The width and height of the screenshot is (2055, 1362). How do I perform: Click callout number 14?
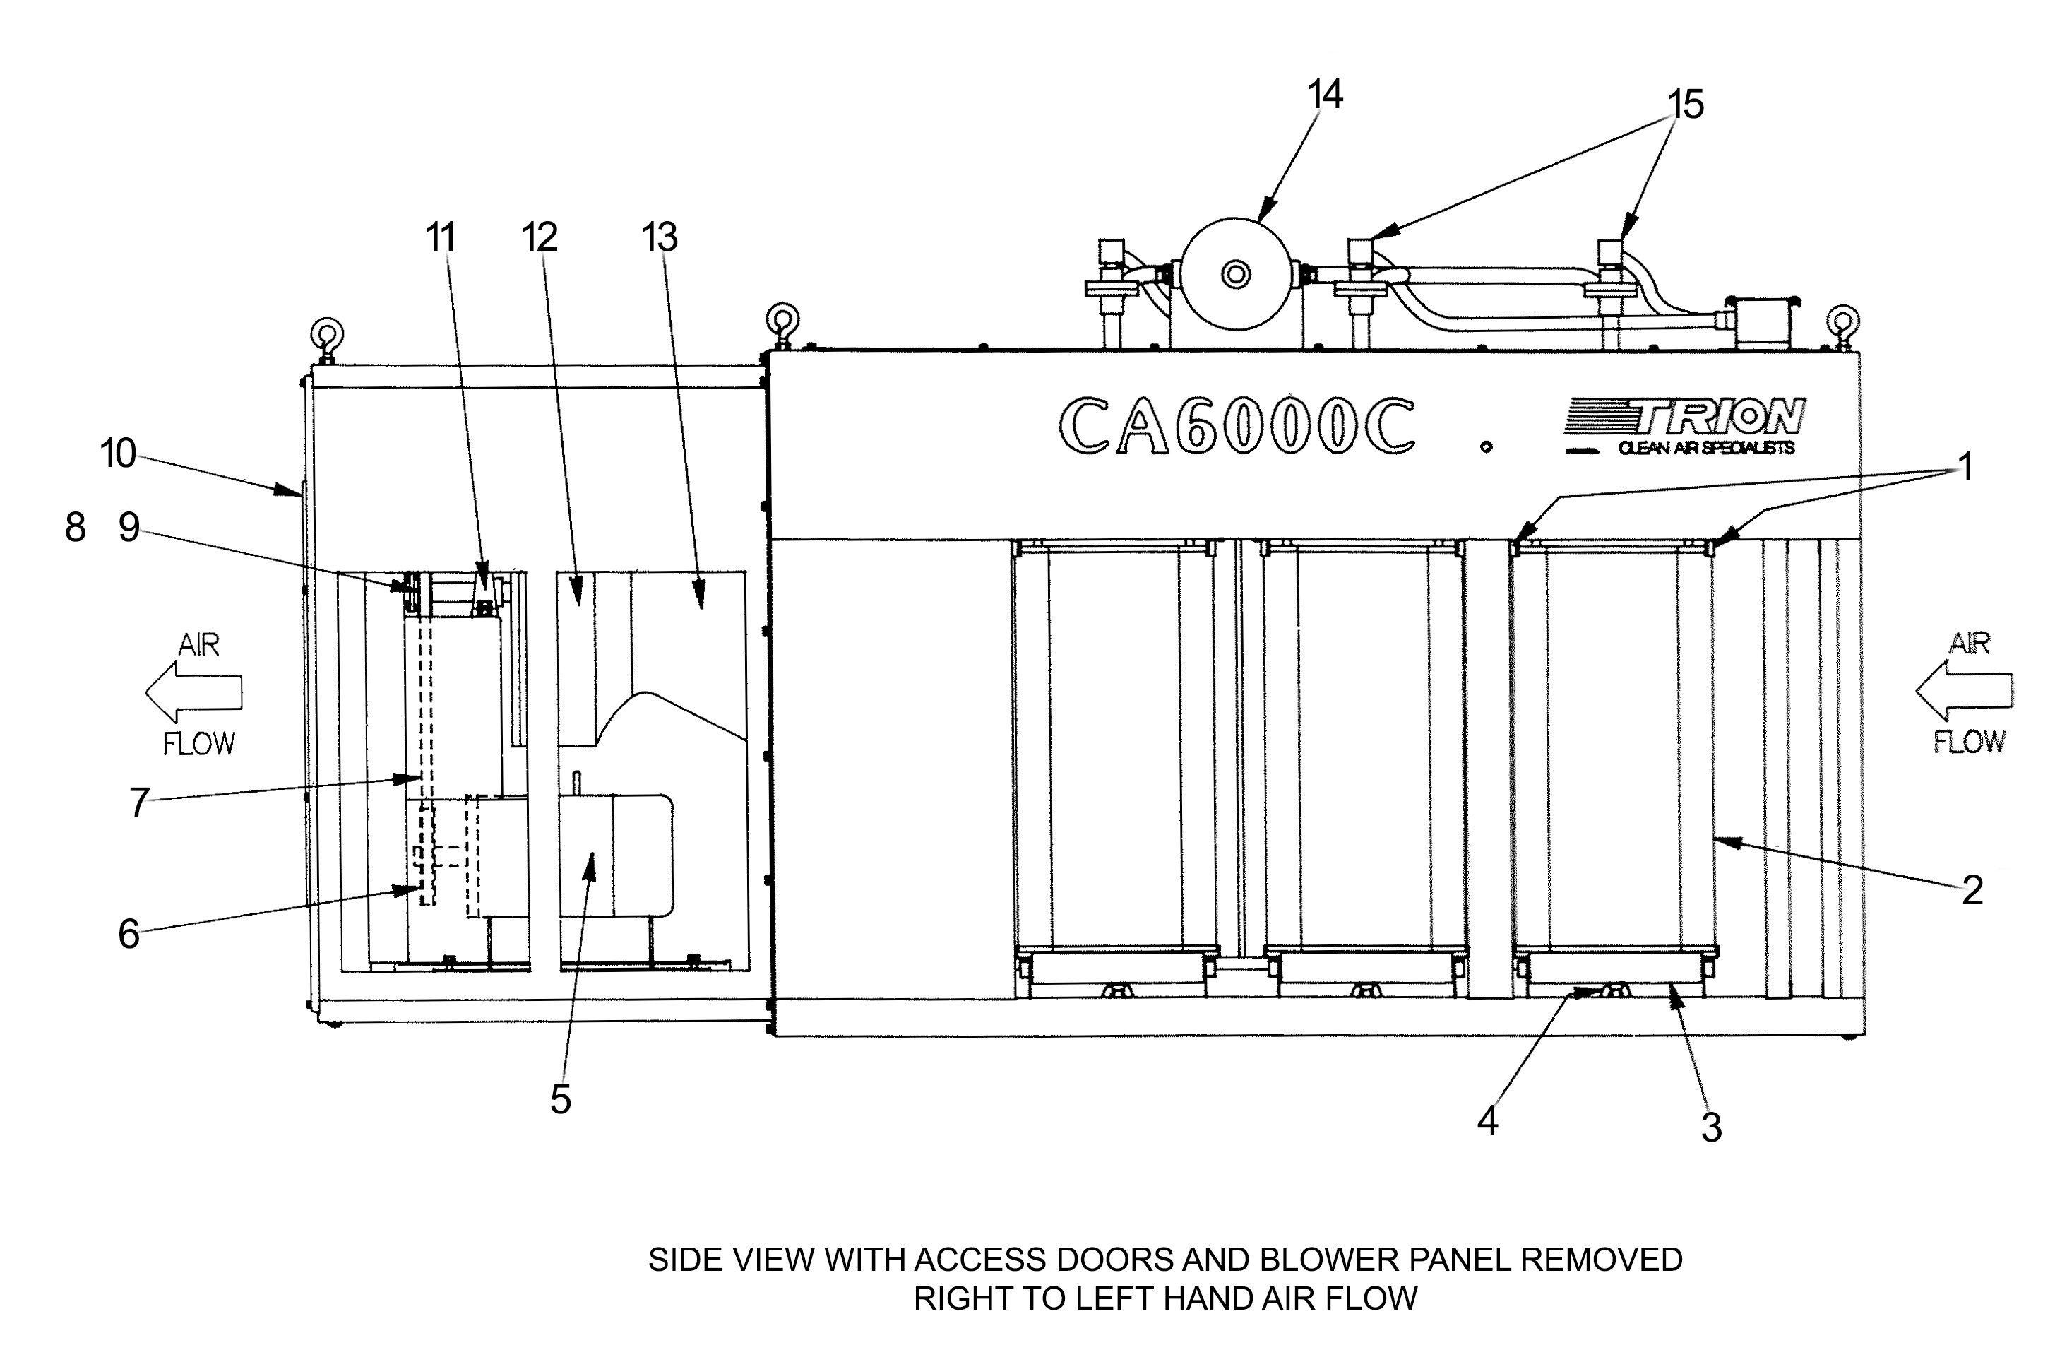[x=1325, y=95]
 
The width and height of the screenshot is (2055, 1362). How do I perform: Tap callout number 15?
[x=1685, y=105]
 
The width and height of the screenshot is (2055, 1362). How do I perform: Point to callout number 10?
[x=118, y=454]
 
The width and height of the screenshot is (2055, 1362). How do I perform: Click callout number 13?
[x=659, y=237]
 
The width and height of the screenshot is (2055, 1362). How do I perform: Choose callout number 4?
[x=1487, y=1121]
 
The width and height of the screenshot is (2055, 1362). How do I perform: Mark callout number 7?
[x=139, y=803]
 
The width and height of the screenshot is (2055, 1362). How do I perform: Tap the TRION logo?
[x=1688, y=417]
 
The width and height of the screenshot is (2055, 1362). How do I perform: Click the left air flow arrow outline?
[x=193, y=692]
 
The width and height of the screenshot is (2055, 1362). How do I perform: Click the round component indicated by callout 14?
[x=1235, y=273]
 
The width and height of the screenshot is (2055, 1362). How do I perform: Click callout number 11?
[x=440, y=237]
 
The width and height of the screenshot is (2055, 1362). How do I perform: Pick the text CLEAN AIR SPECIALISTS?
[x=1706, y=448]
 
